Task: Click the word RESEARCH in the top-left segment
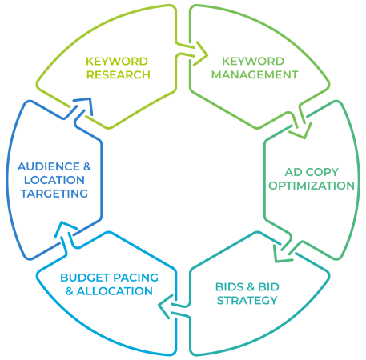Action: [119, 75]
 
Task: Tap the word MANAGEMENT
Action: [255, 75]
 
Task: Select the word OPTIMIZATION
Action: [312, 186]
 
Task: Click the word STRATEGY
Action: [247, 301]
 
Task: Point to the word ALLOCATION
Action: [115, 291]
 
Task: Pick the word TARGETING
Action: [54, 194]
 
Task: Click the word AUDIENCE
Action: [49, 166]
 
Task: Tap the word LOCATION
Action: [54, 180]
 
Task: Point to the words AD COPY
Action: [312, 172]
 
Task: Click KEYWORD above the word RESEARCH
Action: [117, 62]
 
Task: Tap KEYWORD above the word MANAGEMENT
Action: [253, 62]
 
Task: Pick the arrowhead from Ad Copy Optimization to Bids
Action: [280, 255]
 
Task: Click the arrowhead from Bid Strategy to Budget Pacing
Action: [163, 306]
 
